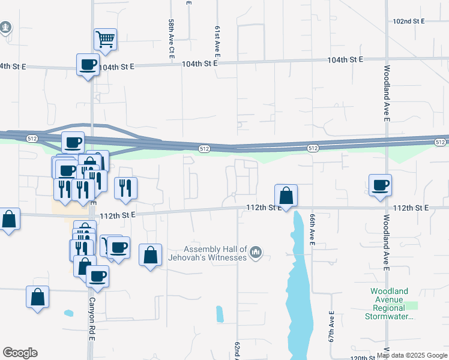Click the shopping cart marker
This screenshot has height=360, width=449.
point(105,40)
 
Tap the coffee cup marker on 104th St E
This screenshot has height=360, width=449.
point(88,65)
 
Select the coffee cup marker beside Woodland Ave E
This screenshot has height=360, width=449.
point(380,185)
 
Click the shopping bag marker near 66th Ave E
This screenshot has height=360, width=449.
point(286,195)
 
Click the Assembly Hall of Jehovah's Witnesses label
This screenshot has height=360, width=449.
point(215,253)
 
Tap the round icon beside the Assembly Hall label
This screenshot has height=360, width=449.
point(256,253)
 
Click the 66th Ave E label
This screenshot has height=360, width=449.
point(313,230)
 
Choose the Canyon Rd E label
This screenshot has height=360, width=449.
point(92,318)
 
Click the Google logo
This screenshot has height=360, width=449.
point(20,353)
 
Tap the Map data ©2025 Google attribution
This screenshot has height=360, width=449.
point(412,355)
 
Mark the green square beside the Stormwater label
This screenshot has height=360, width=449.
point(411,305)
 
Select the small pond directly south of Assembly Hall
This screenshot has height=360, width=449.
point(219,313)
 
